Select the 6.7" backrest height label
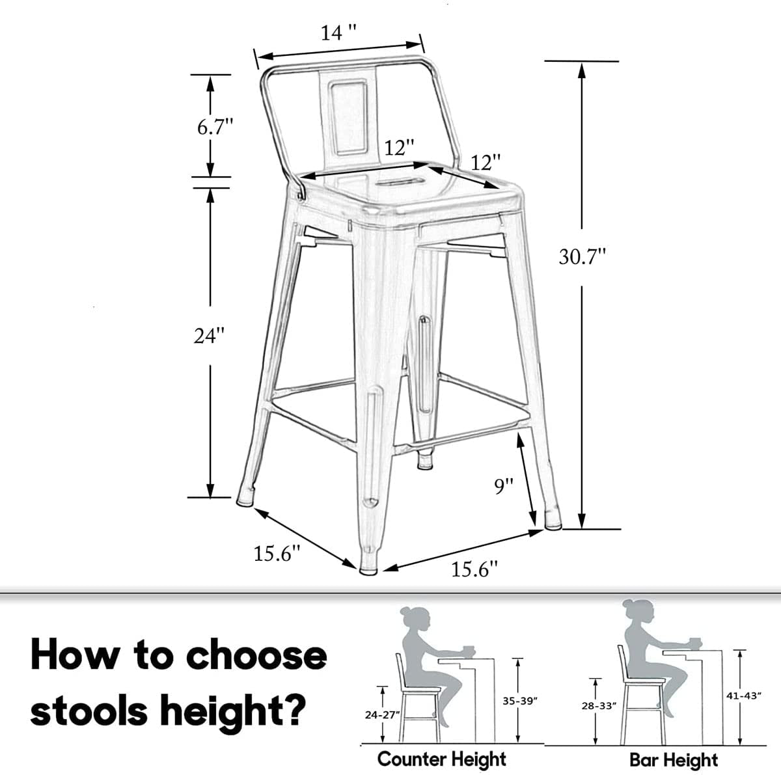point(215,127)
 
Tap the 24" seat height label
point(209,336)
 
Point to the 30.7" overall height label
point(582,256)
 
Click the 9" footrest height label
point(503,485)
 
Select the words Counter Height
point(442,759)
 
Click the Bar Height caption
point(674,759)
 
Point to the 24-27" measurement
point(381,714)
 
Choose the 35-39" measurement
point(518,701)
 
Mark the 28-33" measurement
point(598,705)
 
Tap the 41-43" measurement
point(743,695)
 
